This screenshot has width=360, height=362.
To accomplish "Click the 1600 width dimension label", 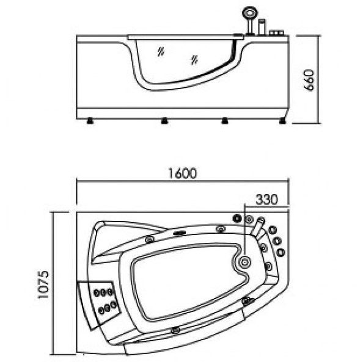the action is click(182, 173).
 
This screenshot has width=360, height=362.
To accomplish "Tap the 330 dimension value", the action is click(266, 200).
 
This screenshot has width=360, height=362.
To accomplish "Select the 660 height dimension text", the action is click(309, 80).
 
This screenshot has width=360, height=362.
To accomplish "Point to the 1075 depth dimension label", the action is click(43, 284).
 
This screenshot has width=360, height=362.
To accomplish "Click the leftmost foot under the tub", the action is click(90, 121).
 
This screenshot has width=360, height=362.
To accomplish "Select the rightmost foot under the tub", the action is click(282, 121).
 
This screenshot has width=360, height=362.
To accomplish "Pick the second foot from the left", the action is click(164, 121).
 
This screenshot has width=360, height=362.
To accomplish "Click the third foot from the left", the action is click(224, 121).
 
